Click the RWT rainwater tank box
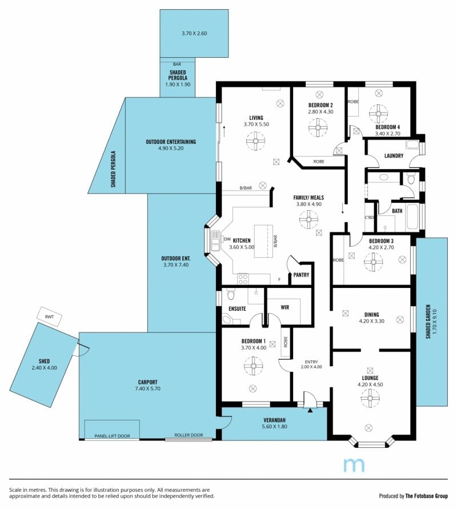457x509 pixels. [49, 316]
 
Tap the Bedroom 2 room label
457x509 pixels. [320, 105]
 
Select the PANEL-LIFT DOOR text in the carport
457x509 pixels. [113, 436]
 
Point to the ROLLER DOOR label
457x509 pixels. [189, 435]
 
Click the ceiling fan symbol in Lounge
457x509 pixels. [370, 398]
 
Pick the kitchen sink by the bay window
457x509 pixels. [215, 241]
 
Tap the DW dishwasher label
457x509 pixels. [227, 239]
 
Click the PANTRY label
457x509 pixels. [301, 275]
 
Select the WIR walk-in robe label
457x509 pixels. [284, 307]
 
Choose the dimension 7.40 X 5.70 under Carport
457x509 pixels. [148, 388]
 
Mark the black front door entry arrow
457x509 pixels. [310, 410]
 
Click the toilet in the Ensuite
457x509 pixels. [231, 295]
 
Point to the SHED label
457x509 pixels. [44, 361]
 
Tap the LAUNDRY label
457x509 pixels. [394, 156]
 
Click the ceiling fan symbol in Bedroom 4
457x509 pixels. [378, 114]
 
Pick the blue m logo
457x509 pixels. [354, 465]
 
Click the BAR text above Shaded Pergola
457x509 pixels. [177, 65]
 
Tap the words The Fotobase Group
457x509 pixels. [427, 496]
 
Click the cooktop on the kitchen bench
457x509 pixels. [243, 279]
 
